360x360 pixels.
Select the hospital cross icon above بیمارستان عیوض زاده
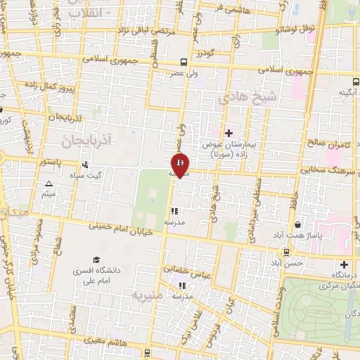229,132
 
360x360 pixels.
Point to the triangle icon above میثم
49,184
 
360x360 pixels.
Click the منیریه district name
150,297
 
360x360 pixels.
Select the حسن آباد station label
287,262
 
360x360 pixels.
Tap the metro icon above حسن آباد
287,252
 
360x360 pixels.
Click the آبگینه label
349,92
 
